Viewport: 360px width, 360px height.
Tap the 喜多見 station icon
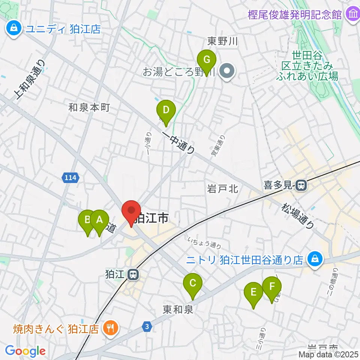pos(300,185)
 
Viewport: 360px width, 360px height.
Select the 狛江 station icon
pos(132,275)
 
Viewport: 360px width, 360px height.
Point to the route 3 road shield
pos(148,327)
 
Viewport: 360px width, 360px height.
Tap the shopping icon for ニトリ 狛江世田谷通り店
pos(315,259)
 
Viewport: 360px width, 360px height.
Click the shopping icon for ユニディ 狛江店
pos(14,28)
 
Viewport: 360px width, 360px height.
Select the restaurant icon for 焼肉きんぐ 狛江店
pos(111,328)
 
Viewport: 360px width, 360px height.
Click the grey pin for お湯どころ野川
pos(227,71)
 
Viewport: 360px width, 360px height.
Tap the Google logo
pos(25,351)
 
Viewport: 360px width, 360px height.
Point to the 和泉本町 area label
pos(89,108)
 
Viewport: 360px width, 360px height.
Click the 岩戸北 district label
pos(223,189)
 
